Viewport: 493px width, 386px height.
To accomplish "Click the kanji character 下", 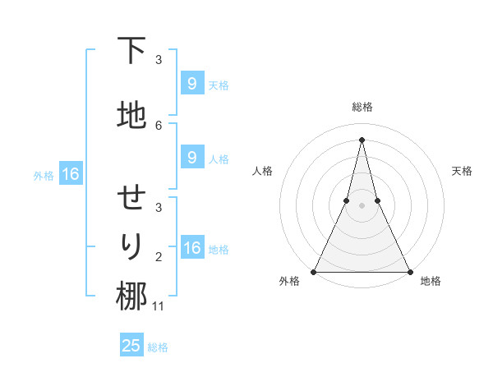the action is pos(131,52).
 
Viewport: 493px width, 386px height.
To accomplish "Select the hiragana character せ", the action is pos(131,200).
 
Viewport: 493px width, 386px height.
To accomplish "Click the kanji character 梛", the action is pos(131,296).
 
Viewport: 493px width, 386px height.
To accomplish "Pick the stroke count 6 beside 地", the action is pos(159,125).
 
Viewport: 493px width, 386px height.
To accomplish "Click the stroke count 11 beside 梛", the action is pos(159,306).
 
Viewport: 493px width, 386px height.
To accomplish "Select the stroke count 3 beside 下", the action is pos(159,60).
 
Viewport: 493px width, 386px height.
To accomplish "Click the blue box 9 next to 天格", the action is pos(191,83).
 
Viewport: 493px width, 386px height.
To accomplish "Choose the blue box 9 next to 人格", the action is pos(191,158).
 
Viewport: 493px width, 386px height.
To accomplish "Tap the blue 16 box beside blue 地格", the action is pos(191,248).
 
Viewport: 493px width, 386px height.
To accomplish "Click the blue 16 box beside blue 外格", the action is pos(70,174).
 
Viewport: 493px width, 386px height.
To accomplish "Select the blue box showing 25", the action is pos(131,346).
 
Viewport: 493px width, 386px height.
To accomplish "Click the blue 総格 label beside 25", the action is pos(158,347).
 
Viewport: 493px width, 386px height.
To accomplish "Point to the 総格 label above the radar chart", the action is pos(362,107).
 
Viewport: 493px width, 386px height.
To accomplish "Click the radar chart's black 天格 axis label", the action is pos(463,171).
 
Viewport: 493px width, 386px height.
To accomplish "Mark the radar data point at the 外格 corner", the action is pos(315,271).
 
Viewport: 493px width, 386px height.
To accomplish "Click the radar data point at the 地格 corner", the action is pos(409,271).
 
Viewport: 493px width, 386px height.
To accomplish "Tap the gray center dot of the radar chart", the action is pos(362,205).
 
